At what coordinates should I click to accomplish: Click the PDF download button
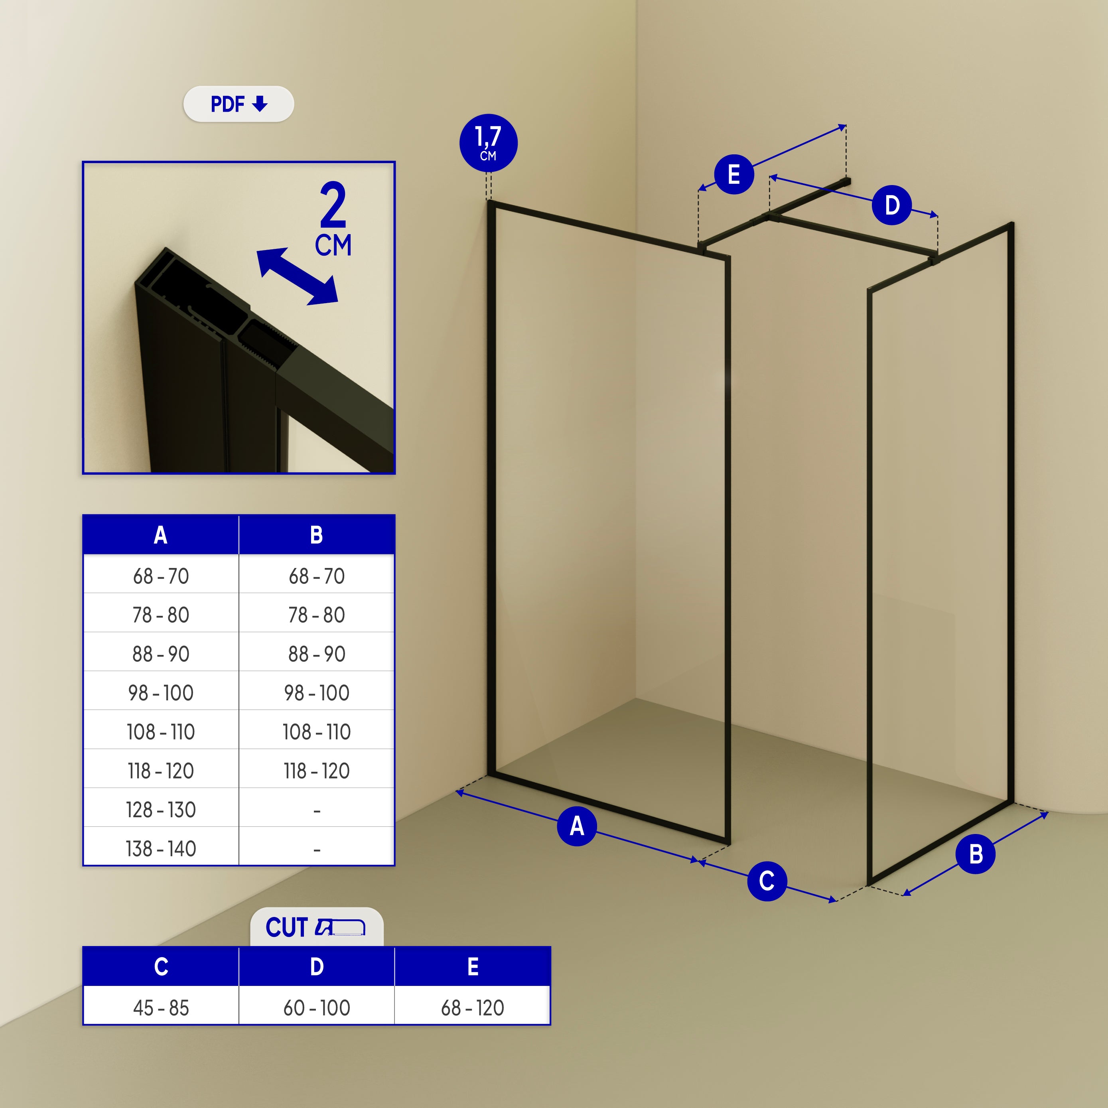239,104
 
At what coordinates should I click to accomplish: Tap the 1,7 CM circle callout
489,143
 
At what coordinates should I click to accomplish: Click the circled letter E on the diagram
733,174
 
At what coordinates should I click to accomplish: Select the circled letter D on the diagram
892,205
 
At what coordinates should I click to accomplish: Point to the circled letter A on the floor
577,826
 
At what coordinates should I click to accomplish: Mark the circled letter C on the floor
767,881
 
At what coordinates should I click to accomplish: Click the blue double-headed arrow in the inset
297,276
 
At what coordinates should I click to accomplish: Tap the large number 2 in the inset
333,205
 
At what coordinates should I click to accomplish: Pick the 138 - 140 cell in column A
161,848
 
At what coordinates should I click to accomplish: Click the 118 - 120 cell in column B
317,770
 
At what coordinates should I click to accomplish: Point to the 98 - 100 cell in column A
161,692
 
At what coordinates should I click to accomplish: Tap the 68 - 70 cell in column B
317,576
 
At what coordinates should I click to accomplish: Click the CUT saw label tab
317,927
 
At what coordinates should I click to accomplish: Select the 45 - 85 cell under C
161,1007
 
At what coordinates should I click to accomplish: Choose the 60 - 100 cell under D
317,1007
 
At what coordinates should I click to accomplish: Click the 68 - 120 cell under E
473,1007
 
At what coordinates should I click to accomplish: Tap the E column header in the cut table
473,967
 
